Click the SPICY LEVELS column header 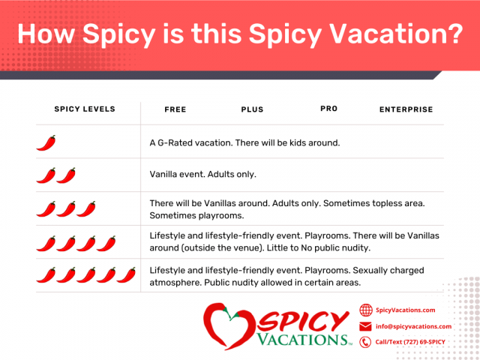click(x=85, y=109)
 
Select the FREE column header click(x=175, y=110)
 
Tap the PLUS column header click(x=253, y=110)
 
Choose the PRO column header click(x=328, y=109)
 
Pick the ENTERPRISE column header click(x=406, y=110)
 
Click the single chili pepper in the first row click(x=46, y=142)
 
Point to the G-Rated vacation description click(x=244, y=142)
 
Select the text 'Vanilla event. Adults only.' click(x=202, y=175)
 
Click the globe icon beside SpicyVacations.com click(x=366, y=310)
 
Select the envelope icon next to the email click(x=366, y=326)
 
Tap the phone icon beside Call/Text click(x=366, y=342)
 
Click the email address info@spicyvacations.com click(x=413, y=326)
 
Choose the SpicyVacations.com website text click(x=405, y=310)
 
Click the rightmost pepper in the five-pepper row click(x=127, y=275)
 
